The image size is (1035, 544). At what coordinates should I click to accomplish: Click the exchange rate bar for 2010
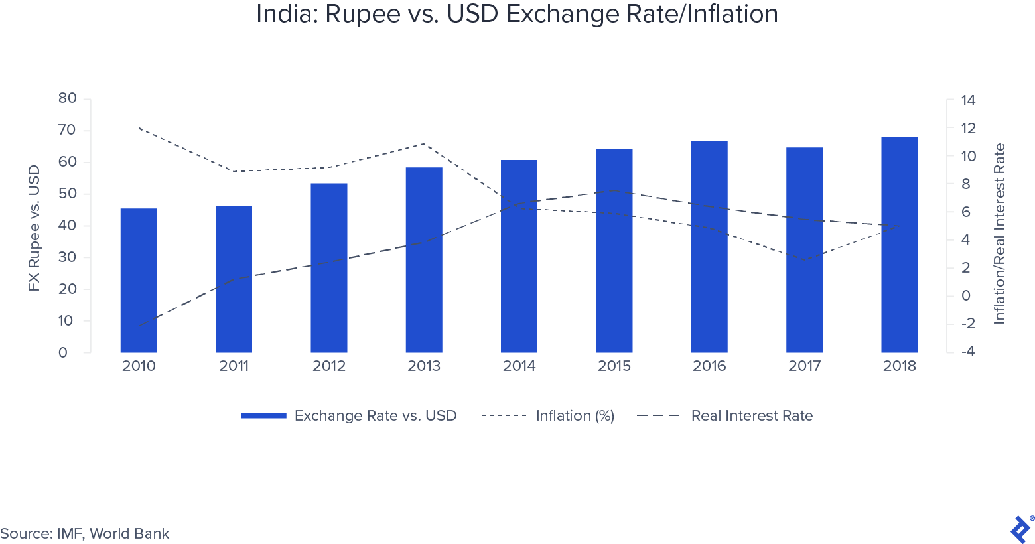(x=139, y=280)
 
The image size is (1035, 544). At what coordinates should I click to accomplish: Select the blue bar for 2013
(x=424, y=260)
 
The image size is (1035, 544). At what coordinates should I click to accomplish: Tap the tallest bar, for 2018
(x=899, y=245)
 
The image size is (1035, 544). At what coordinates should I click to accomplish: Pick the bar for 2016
(x=709, y=246)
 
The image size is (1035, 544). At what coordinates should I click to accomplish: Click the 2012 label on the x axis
(x=328, y=366)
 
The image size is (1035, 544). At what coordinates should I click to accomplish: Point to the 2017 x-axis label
(x=804, y=366)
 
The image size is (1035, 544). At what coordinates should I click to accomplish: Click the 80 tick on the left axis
(x=67, y=98)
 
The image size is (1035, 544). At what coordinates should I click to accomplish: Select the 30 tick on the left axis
(x=67, y=257)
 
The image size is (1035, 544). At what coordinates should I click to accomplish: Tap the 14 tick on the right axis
(x=968, y=100)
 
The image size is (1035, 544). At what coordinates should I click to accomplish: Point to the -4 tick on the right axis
(x=968, y=351)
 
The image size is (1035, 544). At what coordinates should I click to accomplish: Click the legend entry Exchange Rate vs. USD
(x=349, y=415)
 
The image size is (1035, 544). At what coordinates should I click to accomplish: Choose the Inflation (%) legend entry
(x=548, y=415)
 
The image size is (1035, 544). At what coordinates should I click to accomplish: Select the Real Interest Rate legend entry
(x=724, y=415)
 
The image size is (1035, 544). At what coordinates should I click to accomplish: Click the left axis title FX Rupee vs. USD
(x=34, y=228)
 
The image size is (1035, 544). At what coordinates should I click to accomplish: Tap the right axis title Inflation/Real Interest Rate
(x=999, y=234)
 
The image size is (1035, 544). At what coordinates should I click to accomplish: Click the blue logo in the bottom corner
(x=1020, y=529)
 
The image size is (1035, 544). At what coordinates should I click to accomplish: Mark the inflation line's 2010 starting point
(x=139, y=128)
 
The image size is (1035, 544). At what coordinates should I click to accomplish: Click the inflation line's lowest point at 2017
(x=804, y=260)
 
